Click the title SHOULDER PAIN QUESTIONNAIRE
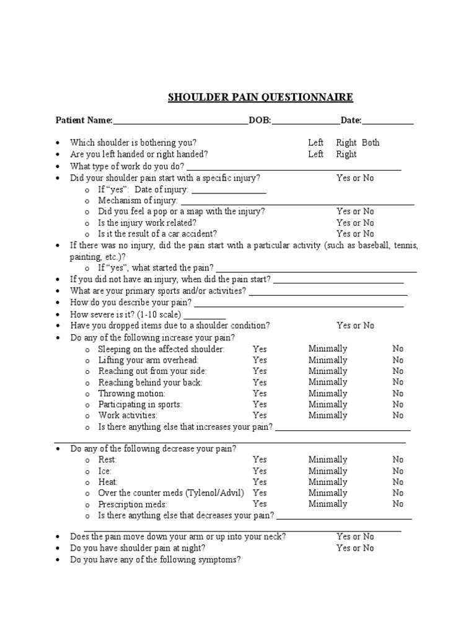(260, 97)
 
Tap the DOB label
(260, 120)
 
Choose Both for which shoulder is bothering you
(371, 143)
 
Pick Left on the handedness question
(315, 154)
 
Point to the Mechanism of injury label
(138, 200)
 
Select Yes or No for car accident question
(355, 234)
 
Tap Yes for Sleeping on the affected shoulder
(260, 349)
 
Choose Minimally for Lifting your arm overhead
(328, 360)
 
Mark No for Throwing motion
(398, 393)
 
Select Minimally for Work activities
(328, 415)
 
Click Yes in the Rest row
(260, 460)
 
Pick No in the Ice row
(398, 471)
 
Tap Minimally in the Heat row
(328, 482)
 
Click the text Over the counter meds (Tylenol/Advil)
(171, 493)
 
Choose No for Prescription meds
(398, 504)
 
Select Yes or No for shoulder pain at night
(355, 548)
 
